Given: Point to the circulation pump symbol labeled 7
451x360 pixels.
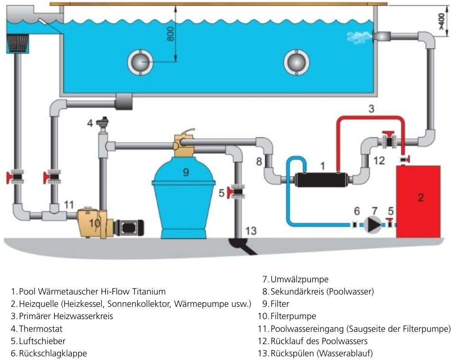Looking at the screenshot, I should click(x=373, y=224).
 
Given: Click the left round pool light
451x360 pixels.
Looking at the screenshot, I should click(x=140, y=62).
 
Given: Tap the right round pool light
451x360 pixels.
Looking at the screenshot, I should click(x=296, y=62).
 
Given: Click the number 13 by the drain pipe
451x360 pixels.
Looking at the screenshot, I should click(x=251, y=230).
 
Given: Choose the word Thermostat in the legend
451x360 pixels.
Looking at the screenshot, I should click(x=40, y=328).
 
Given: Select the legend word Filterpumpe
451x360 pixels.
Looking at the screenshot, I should click(x=293, y=316).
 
